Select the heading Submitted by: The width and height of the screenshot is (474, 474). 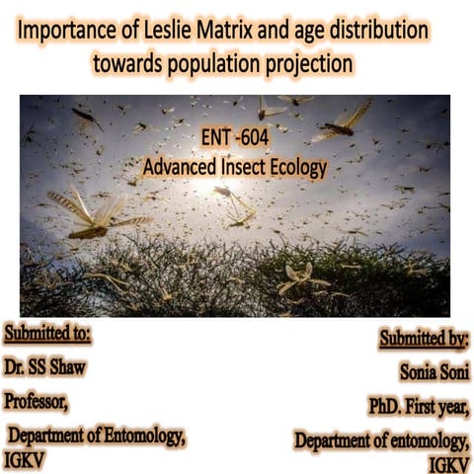click(425, 339)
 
